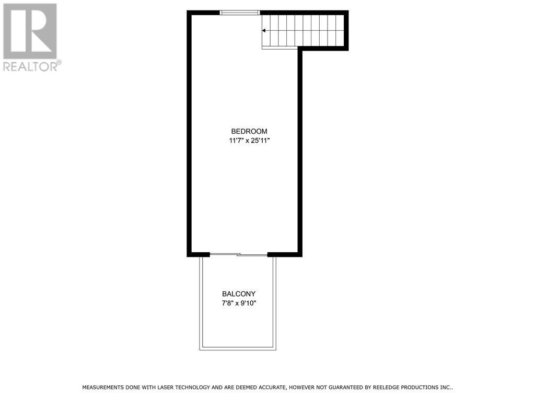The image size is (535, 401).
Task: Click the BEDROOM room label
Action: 249,131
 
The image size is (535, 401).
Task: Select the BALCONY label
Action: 238,294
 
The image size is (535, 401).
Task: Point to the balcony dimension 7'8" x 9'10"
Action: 238,303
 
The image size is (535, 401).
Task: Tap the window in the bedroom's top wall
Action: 240,13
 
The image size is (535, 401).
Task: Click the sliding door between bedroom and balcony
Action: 238,254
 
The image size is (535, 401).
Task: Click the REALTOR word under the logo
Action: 30,66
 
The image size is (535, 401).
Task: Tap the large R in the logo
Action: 30,31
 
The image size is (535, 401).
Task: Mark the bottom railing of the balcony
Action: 238,348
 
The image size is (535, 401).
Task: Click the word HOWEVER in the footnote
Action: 303,387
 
